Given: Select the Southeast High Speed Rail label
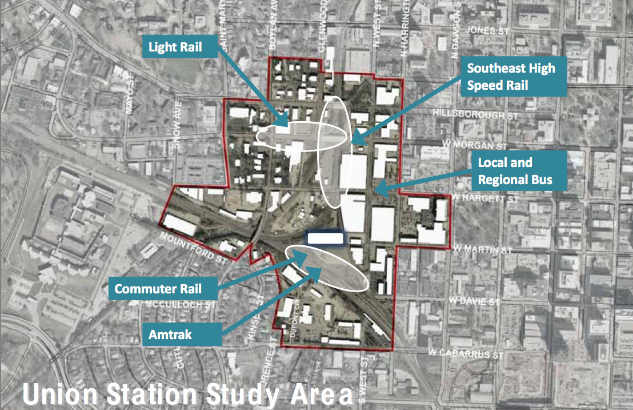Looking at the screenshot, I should (511, 77).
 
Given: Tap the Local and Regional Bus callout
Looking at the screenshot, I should (515, 172).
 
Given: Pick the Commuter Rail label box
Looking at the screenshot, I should (158, 289).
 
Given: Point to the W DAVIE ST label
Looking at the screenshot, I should (474, 301).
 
